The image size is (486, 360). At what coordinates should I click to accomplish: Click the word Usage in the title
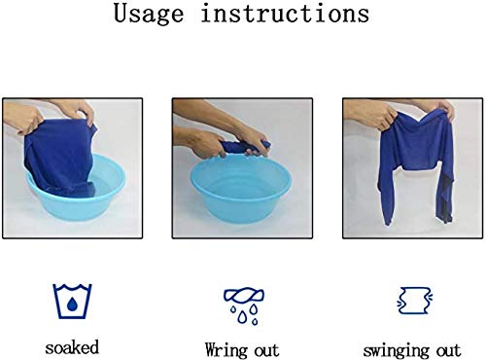149,15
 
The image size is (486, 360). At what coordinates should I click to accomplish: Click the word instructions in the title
285,13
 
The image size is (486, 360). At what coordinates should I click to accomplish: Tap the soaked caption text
72,347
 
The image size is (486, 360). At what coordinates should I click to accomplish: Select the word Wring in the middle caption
225,350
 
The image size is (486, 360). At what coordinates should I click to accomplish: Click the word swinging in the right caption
396,351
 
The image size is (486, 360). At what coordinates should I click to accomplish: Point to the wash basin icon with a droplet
72,302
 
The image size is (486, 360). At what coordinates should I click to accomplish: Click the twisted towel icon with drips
244,306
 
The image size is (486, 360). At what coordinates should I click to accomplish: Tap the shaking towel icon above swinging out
415,301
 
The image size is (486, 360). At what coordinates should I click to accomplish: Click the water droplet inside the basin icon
72,304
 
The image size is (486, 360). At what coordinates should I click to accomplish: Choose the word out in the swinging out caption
449,350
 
